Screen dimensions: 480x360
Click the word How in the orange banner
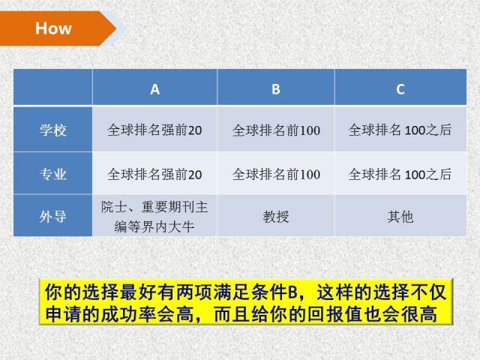[x=53, y=28]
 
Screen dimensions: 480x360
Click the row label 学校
[x=53, y=130]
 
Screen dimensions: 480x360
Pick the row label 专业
[x=53, y=174]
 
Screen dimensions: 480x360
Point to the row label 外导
[x=53, y=217]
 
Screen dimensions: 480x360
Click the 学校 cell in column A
[x=154, y=130]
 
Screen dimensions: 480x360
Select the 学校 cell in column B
[x=276, y=130]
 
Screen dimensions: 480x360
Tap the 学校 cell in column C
[x=400, y=130]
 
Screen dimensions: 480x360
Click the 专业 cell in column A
[x=154, y=174]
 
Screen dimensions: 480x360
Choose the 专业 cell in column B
[x=276, y=174]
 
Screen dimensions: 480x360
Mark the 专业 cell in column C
[x=400, y=174]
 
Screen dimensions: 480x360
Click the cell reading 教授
[x=276, y=217]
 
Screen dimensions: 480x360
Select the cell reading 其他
[x=400, y=217]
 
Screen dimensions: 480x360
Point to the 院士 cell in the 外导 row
[x=154, y=217]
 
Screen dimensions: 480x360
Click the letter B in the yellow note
[x=292, y=292]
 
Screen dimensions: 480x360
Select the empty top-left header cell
[x=53, y=87]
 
